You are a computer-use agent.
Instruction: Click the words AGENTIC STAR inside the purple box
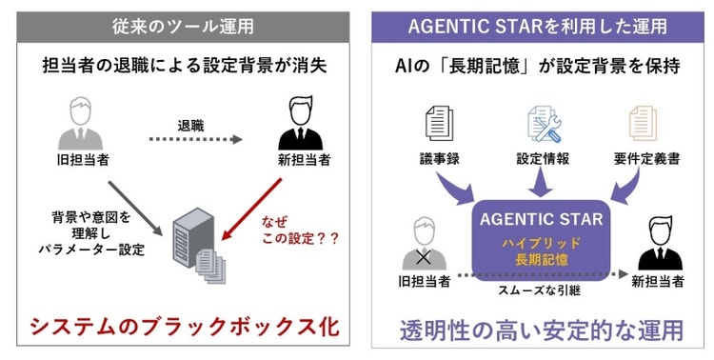pos(540,219)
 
